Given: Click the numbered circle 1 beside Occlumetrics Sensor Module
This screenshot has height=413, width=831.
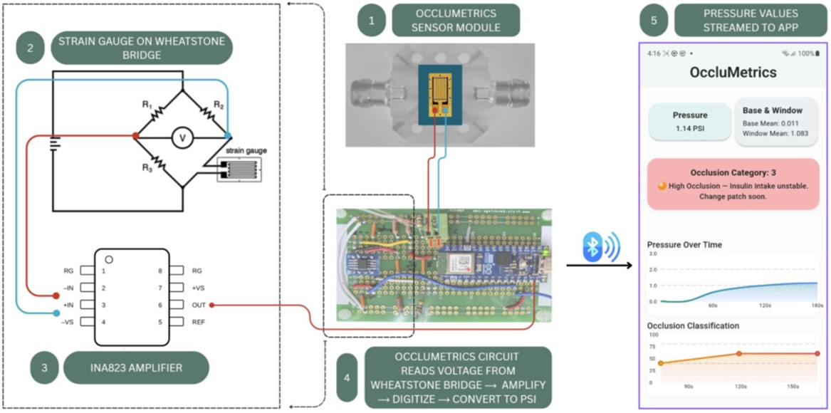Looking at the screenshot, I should click(371, 20).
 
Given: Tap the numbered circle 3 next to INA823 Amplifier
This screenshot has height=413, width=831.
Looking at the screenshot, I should click(44, 368).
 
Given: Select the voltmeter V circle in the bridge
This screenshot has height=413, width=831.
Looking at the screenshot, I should click(182, 139).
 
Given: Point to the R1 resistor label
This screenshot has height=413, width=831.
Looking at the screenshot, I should click(147, 105).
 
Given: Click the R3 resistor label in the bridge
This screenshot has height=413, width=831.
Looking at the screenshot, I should click(147, 168).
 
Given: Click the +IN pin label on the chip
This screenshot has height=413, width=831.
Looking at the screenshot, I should click(69, 305).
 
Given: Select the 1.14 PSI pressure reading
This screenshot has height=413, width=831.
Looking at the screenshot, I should click(690, 129).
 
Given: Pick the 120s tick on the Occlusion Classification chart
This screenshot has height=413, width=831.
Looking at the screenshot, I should click(741, 387).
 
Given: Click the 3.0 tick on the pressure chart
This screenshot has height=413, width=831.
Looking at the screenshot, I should click(653, 254).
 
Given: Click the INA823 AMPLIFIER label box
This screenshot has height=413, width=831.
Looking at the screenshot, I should click(136, 368).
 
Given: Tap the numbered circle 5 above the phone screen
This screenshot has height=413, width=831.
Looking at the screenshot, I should click(654, 20).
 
